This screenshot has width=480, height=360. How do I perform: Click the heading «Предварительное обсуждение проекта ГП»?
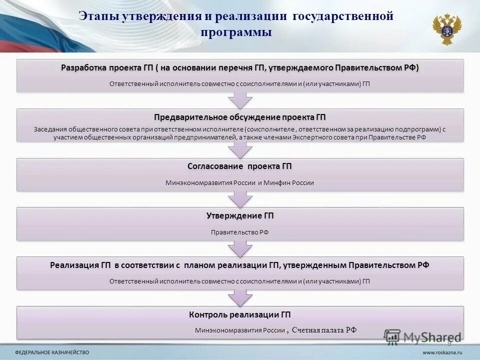(x=239, y=117)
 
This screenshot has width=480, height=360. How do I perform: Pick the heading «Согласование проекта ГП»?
(x=239, y=166)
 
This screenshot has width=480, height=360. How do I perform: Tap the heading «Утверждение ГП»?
(x=239, y=215)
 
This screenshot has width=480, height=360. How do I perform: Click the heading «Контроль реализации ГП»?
(x=239, y=314)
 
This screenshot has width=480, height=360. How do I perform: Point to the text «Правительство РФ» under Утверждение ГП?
(x=239, y=232)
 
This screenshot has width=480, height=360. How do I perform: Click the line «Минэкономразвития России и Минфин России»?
(x=239, y=183)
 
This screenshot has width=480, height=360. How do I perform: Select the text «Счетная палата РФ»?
(x=324, y=329)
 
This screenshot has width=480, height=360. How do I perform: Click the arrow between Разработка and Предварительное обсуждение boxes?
(x=239, y=100)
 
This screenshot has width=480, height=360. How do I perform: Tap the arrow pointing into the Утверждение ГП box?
(x=239, y=199)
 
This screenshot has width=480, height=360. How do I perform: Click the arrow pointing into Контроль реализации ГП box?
(x=239, y=298)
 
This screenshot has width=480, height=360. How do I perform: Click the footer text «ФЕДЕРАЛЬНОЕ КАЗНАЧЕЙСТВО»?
(x=52, y=352)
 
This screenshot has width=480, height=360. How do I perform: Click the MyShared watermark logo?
(x=422, y=336)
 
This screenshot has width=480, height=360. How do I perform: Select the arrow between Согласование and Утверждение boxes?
(x=239, y=199)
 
